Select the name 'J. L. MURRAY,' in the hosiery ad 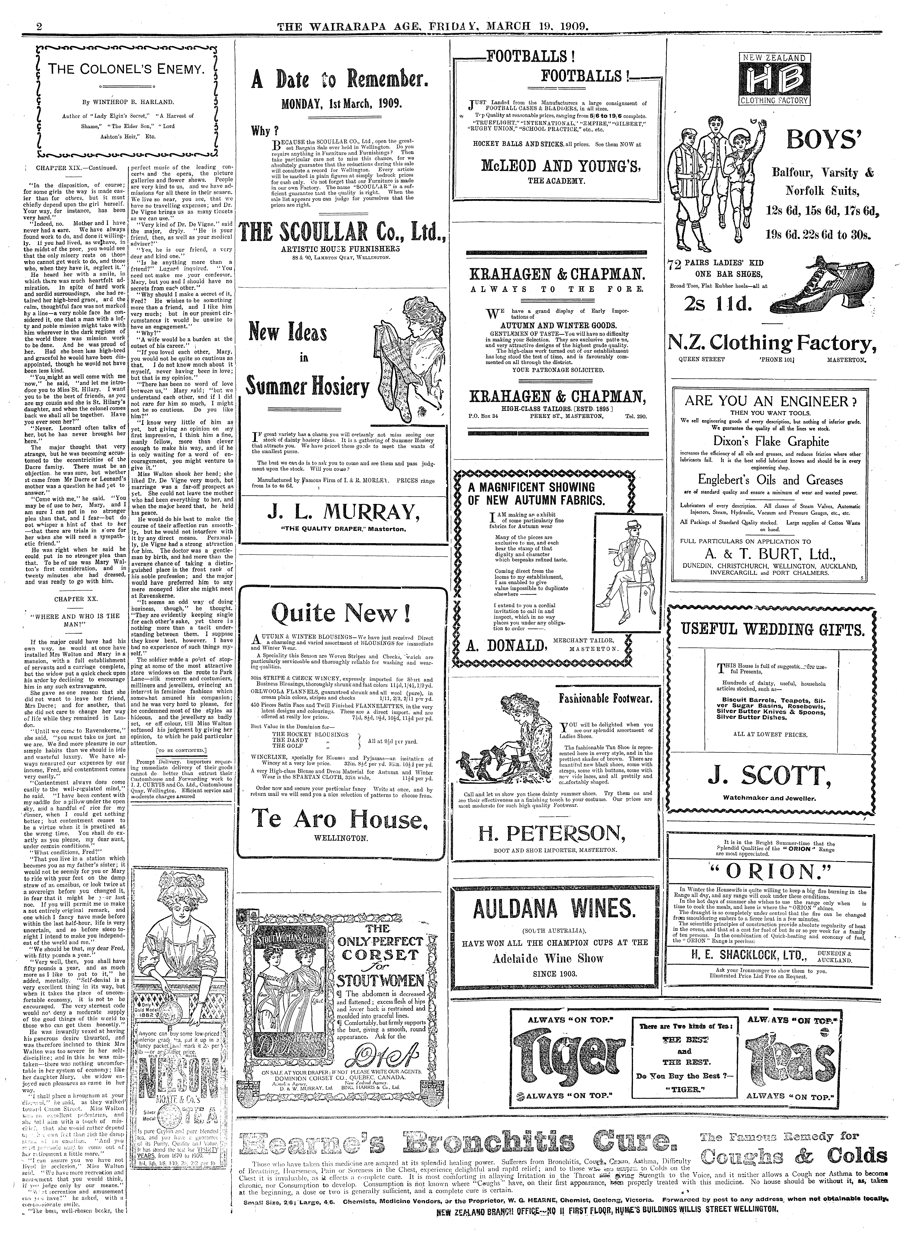click(339, 512)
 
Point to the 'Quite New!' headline click(340, 613)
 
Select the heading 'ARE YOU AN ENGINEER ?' click(771, 401)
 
